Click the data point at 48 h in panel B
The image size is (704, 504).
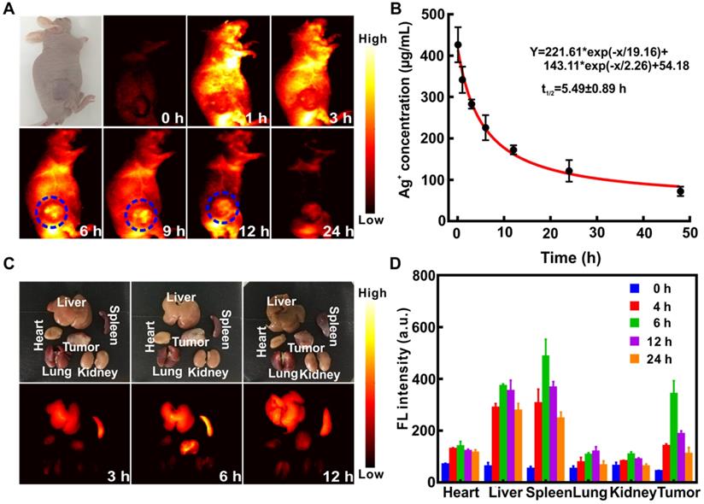680,191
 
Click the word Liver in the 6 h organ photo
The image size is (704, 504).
180,296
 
